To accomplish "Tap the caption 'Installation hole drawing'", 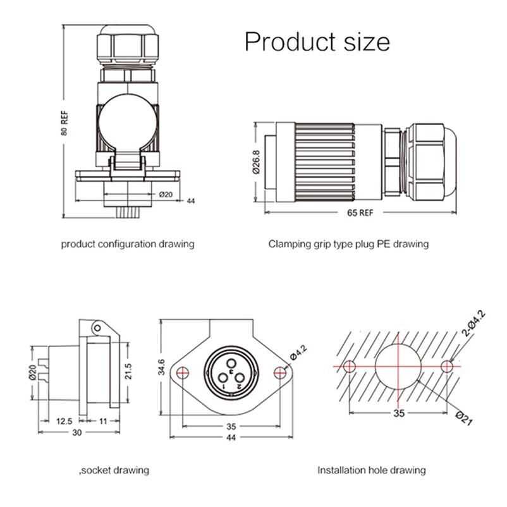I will click(x=371, y=470).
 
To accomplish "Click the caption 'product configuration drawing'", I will click(x=128, y=243).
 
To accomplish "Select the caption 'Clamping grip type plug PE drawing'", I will click(x=348, y=243).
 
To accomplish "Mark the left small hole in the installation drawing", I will click(x=350, y=365).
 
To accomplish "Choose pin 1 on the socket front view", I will click(x=223, y=381).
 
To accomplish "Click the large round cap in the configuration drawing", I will click(x=126, y=118).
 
